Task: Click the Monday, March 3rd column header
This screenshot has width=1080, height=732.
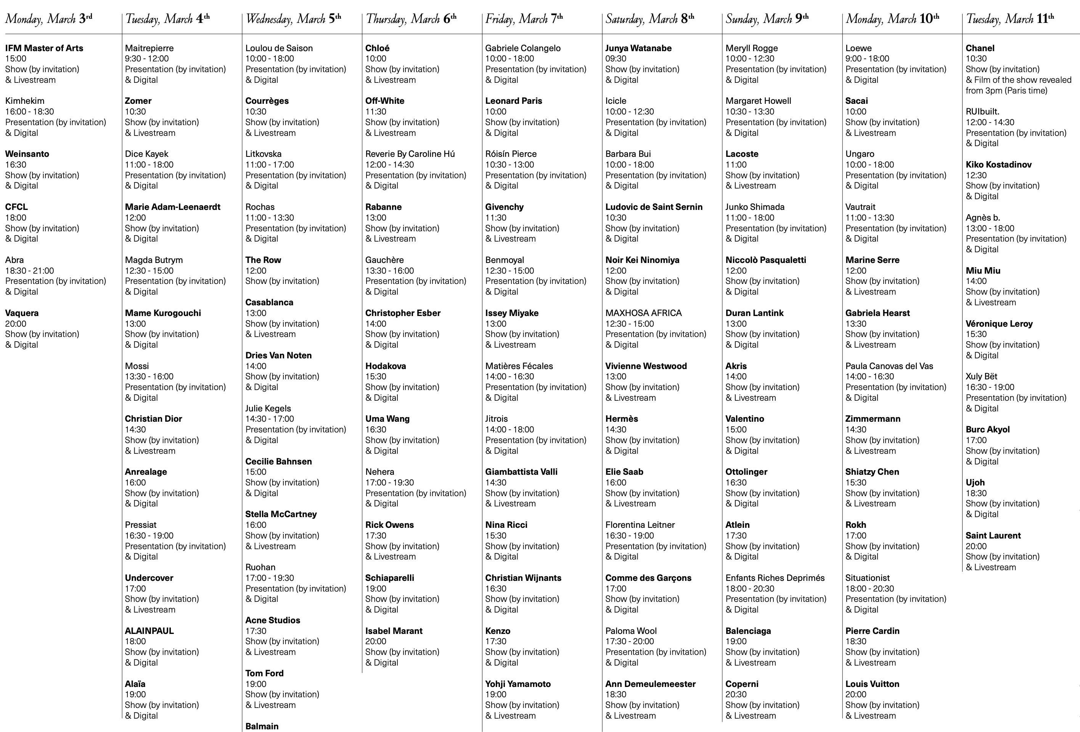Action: [49, 19]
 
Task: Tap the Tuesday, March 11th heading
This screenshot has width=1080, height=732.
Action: [1010, 19]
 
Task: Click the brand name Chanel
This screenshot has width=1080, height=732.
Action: [980, 48]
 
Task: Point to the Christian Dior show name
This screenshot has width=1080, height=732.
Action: [153, 419]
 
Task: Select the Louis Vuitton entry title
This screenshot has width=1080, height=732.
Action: [872, 684]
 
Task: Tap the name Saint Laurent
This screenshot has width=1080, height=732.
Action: [993, 535]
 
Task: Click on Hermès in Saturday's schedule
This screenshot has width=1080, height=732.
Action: [621, 419]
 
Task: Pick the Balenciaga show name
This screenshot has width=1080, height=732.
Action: [748, 630]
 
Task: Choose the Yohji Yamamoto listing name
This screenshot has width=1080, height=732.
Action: [518, 684]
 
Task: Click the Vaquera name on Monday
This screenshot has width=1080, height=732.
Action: [22, 313]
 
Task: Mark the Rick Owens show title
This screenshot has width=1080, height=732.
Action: [389, 525]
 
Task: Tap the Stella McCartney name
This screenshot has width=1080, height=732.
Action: [281, 514]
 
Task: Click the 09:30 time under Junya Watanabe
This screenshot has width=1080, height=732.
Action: [616, 59]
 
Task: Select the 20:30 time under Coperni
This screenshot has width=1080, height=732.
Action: [736, 694]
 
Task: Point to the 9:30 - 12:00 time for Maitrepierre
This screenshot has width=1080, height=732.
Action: [147, 59]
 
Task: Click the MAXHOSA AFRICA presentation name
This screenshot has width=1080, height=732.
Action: [643, 313]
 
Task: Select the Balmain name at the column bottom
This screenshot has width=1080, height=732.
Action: [262, 726]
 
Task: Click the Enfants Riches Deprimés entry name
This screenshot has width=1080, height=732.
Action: [775, 577]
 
